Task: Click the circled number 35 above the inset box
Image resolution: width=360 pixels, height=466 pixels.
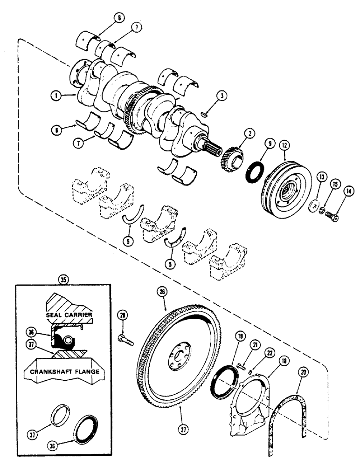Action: point(62,281)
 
